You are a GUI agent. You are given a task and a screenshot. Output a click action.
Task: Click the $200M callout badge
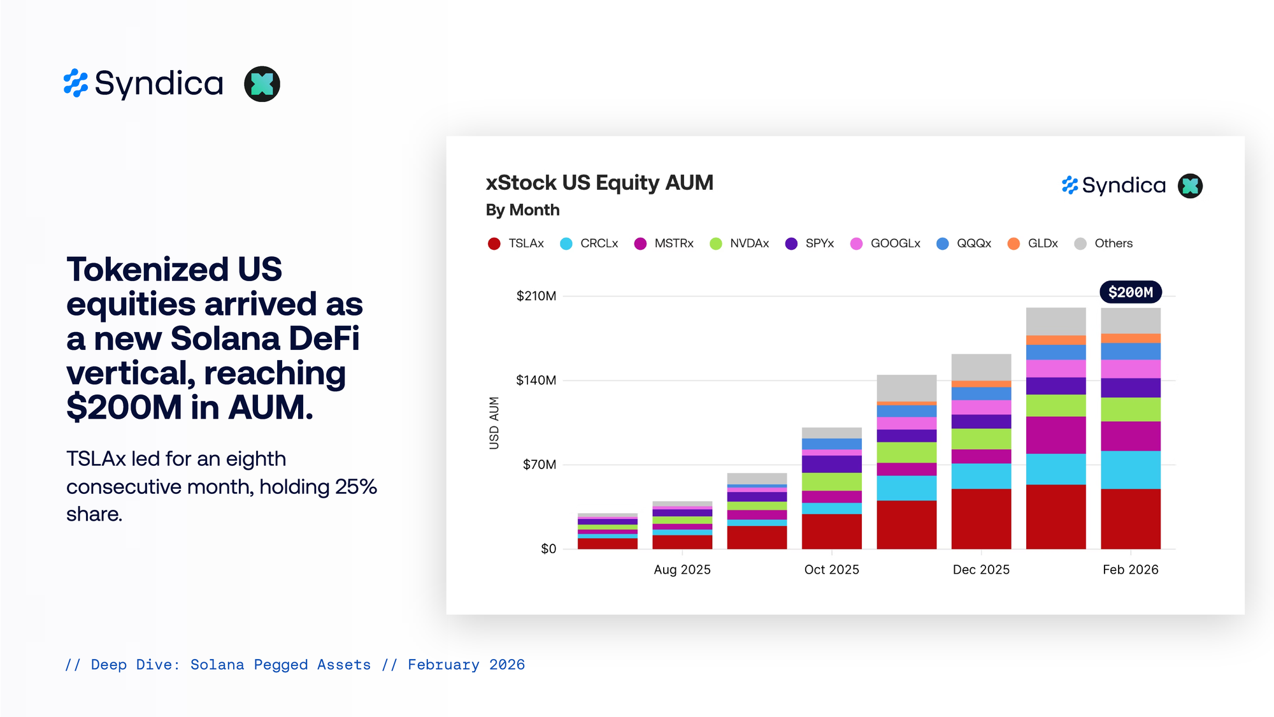click(x=1131, y=293)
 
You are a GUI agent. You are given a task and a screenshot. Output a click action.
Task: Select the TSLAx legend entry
click(x=517, y=243)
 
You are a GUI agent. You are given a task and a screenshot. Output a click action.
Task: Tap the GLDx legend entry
click(x=1033, y=243)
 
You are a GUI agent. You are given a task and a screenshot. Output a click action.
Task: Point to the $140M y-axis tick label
click(x=536, y=380)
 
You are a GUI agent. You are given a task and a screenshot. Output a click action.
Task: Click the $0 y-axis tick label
click(x=548, y=549)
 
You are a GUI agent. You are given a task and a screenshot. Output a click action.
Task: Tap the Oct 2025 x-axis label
click(x=831, y=570)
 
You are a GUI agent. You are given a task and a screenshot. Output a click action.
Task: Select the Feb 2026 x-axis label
click(x=1130, y=570)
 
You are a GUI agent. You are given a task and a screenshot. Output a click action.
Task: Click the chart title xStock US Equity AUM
click(x=599, y=183)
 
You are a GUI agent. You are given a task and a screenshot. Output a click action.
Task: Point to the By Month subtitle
click(x=522, y=210)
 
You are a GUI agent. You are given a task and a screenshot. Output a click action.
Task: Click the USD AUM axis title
click(x=494, y=423)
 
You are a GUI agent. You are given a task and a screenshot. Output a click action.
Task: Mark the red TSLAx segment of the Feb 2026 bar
click(x=1130, y=519)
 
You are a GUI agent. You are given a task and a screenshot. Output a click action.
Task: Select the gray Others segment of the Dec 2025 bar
click(x=981, y=367)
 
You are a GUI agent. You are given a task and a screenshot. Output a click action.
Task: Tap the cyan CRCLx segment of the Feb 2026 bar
click(x=1130, y=470)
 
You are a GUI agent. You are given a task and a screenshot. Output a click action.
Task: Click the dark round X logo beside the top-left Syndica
click(x=262, y=84)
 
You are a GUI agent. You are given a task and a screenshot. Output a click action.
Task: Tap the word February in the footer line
click(x=443, y=665)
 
